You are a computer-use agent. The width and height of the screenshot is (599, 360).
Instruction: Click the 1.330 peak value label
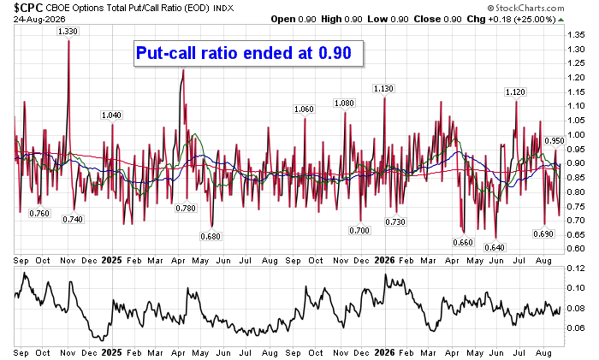[x=68, y=32]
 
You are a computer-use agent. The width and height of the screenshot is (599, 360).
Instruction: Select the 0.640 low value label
[x=495, y=247]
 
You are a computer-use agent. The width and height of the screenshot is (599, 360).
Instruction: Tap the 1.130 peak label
[x=383, y=89]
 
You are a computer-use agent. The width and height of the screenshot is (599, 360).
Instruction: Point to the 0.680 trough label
[x=211, y=237]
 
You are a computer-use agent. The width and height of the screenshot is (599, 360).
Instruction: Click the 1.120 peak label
[x=515, y=92]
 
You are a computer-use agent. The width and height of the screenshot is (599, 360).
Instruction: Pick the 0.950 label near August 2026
[x=555, y=141]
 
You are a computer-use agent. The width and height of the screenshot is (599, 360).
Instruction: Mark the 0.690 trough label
[x=543, y=233]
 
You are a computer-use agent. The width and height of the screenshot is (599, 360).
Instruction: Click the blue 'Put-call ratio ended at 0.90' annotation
[x=244, y=53]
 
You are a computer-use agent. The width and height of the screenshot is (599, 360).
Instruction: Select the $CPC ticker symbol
[x=28, y=7]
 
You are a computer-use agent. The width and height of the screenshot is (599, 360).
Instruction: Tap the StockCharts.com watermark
[x=526, y=8]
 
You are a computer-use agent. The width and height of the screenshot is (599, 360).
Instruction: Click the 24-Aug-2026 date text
[x=39, y=20]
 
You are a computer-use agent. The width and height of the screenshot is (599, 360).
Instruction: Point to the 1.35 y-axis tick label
[x=576, y=35]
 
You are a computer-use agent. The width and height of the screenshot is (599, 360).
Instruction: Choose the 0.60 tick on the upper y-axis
[x=576, y=249]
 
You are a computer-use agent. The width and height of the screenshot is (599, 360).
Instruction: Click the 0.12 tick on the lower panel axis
[x=576, y=269]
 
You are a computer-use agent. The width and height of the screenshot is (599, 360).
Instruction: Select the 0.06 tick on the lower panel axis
[x=576, y=328]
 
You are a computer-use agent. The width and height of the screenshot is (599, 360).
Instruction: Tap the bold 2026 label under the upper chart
[x=385, y=260]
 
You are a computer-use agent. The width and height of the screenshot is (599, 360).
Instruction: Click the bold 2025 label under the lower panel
[x=111, y=353]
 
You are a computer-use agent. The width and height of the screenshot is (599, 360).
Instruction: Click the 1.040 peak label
[x=111, y=115]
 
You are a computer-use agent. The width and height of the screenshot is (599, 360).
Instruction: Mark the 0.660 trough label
[x=463, y=242]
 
